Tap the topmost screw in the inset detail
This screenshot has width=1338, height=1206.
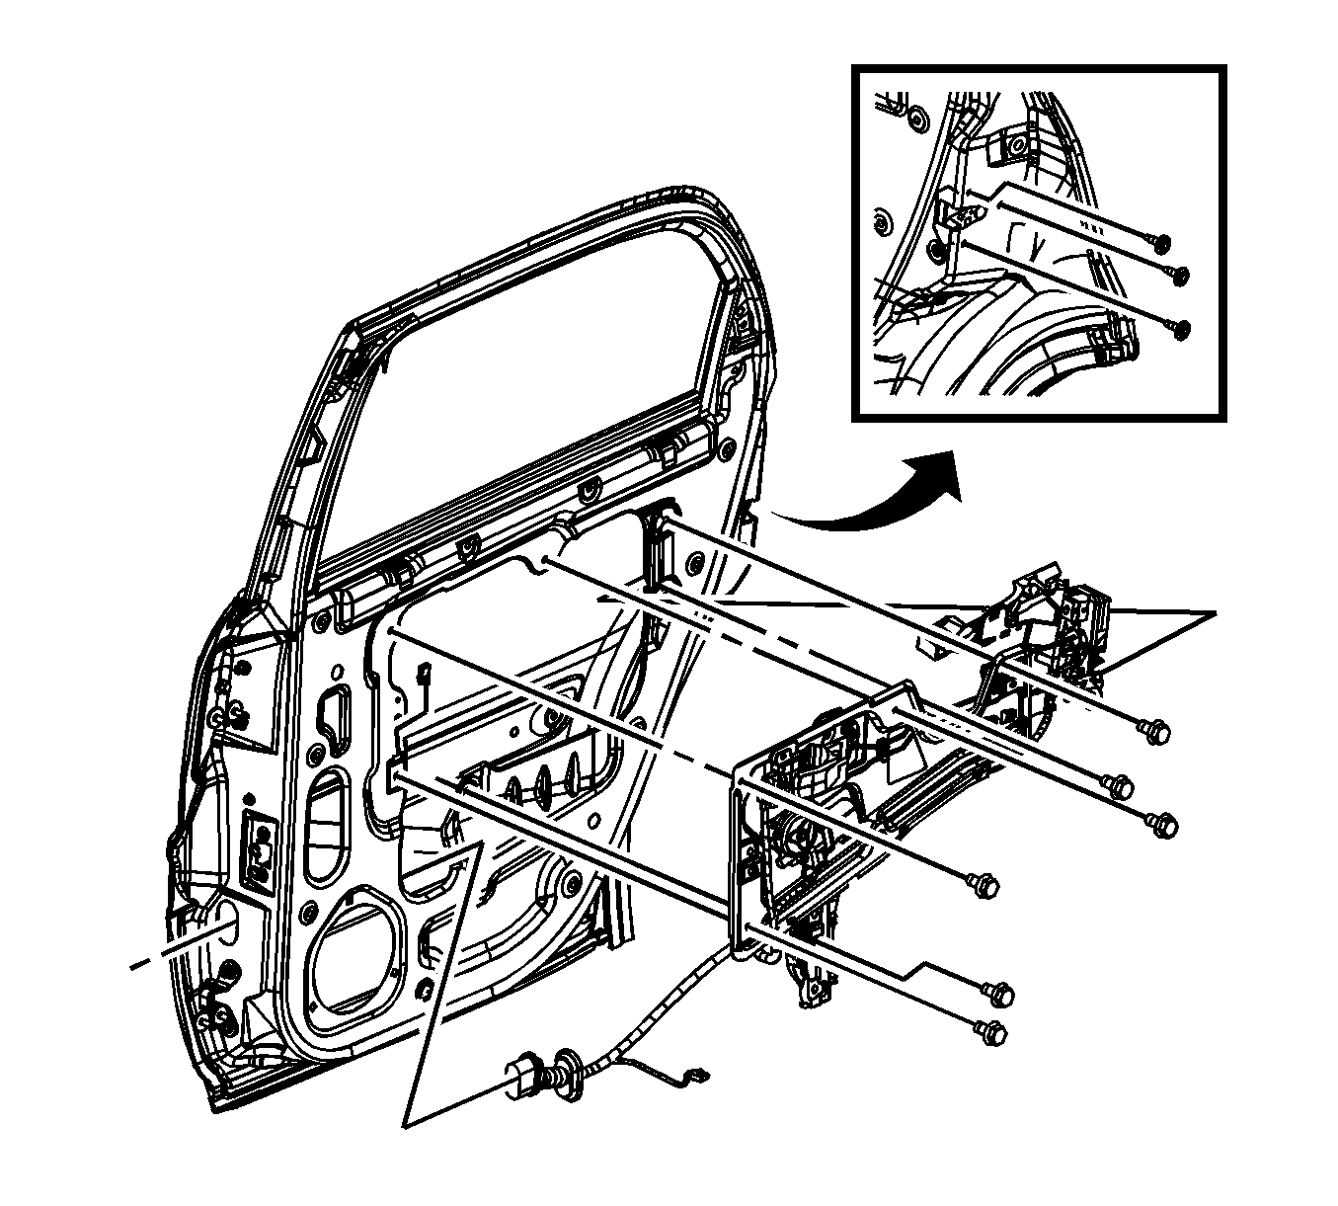1159,241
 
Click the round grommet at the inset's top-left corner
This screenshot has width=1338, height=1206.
917,118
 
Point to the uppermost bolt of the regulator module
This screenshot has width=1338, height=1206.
1158,732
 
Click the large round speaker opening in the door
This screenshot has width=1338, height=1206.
357,948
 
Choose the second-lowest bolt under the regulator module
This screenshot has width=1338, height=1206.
998,990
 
